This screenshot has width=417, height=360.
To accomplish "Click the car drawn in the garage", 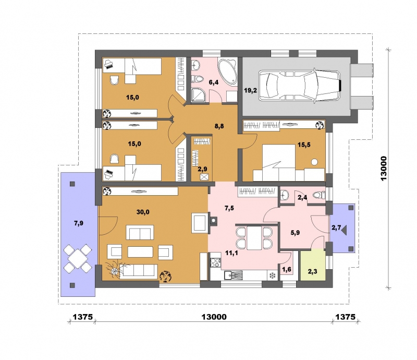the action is (300, 85).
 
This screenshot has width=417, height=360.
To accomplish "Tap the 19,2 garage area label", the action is (251, 91).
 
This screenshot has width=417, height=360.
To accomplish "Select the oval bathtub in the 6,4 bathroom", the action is (227, 71).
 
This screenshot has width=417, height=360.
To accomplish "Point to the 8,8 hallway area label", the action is (219, 126).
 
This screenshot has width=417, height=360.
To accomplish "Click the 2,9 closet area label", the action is (202, 169).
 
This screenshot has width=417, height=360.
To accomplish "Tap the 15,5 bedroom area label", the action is (304, 145).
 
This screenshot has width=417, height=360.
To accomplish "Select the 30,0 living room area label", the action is (143, 212).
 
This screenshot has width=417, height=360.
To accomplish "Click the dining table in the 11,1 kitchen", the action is (254, 238).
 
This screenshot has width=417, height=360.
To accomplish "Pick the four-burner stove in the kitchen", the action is (215, 262).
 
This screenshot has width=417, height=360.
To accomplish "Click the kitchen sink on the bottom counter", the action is (233, 275).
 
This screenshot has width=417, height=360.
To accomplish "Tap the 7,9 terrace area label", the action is (79, 223).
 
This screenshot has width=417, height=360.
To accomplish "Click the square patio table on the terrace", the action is (77, 259).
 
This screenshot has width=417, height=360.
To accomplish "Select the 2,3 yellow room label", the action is (312, 272).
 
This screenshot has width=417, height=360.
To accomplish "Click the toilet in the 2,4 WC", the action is (319, 195).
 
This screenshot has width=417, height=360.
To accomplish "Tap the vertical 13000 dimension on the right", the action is (384, 169).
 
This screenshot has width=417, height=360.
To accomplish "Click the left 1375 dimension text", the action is (83, 317).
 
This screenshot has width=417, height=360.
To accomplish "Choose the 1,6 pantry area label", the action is (286, 269).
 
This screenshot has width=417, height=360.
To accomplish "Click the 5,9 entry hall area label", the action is (295, 233).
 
